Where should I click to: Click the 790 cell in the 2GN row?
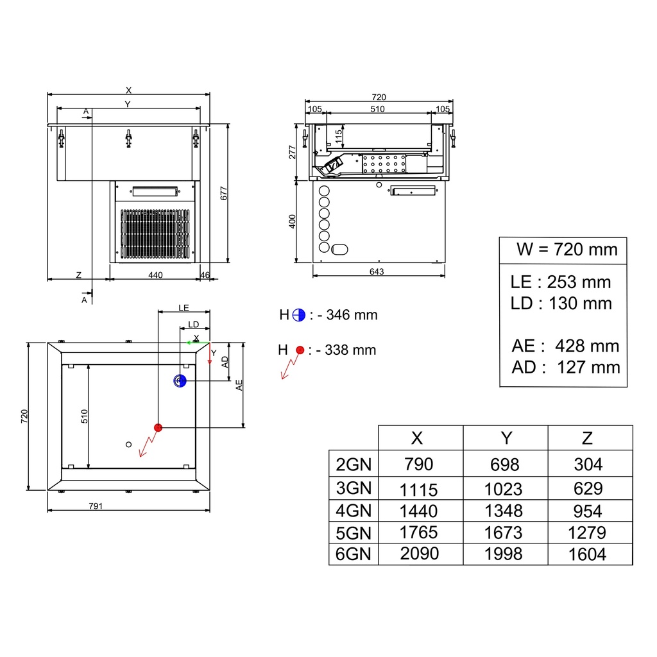(418, 465)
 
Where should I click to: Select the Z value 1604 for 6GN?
(587, 554)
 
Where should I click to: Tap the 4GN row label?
(354, 511)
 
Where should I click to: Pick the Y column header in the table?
(506, 438)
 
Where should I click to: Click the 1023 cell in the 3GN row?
(503, 489)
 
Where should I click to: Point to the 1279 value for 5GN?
(586, 533)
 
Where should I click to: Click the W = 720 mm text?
(567, 250)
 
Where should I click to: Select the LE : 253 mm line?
(561, 282)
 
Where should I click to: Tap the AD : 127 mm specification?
(566, 367)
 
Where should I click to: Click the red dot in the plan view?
(158, 428)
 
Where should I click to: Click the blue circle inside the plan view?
(180, 381)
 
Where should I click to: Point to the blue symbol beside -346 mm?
(299, 315)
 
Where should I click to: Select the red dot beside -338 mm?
(300, 350)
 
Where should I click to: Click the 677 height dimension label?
(224, 193)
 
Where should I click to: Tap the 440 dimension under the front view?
(155, 275)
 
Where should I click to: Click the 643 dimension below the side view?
(377, 271)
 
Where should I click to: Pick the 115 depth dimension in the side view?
(339, 136)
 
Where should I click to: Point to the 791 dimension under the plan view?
(96, 506)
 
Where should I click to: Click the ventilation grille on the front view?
(155, 234)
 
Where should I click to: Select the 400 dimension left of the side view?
(292, 221)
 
